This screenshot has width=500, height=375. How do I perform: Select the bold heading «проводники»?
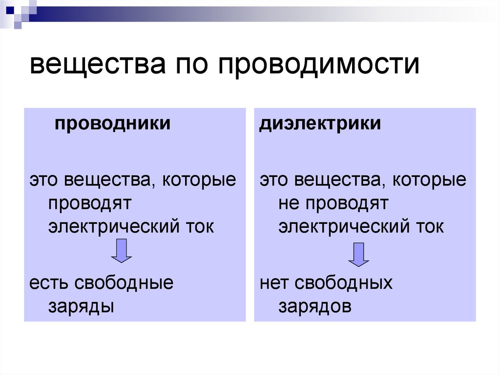[x=112, y=123]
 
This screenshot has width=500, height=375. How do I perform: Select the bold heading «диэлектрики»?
[x=320, y=123]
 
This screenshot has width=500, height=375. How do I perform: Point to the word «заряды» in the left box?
[x=81, y=307]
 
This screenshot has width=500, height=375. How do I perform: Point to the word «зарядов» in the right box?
[x=315, y=307]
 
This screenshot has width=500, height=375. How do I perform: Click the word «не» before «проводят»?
[x=288, y=203]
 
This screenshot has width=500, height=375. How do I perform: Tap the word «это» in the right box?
[x=274, y=180]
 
